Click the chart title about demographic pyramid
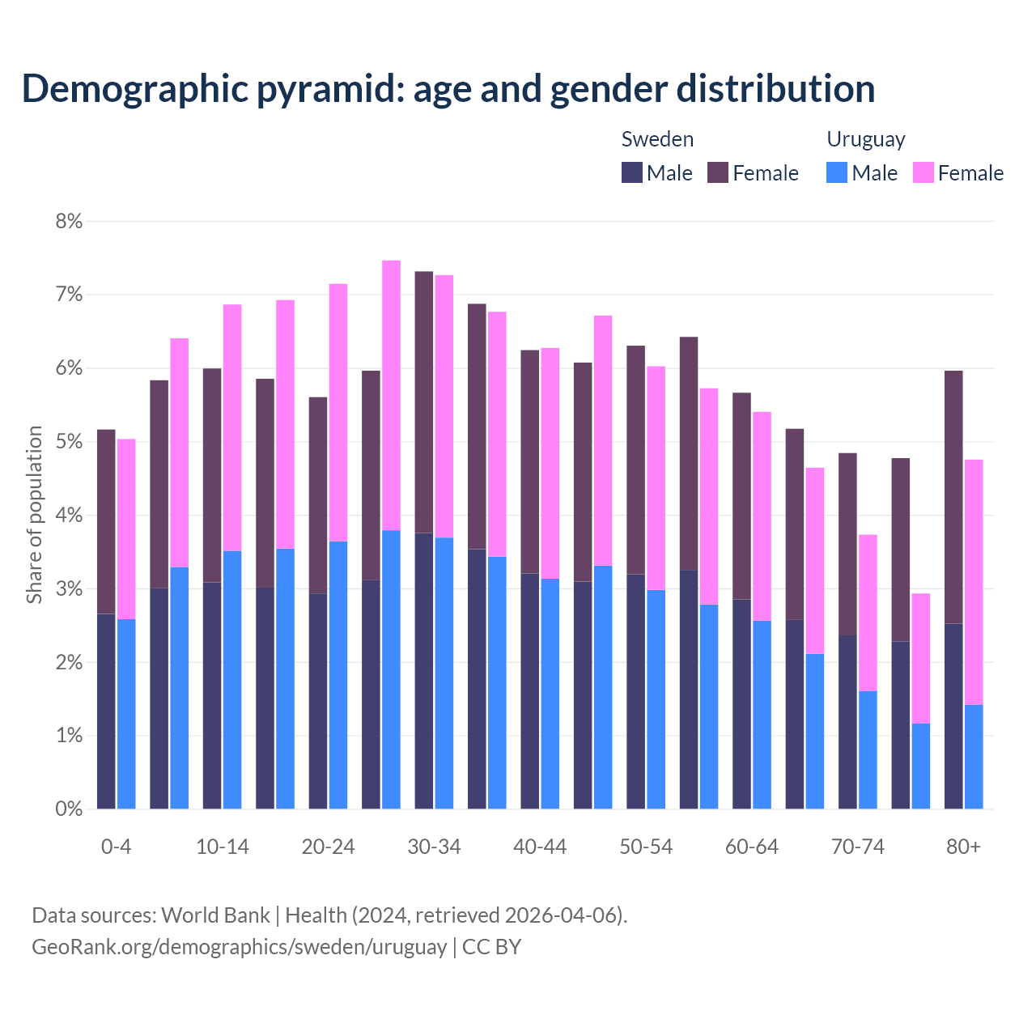[448, 89]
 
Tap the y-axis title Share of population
[34, 515]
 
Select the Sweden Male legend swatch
[632, 172]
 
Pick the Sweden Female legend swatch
[718, 172]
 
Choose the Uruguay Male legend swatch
[837, 172]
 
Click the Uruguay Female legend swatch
[923, 172]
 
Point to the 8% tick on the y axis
[69, 221]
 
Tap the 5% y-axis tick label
[69, 442]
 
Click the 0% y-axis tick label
[69, 809]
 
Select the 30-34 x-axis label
[434, 847]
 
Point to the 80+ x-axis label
[963, 847]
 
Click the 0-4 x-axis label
[116, 847]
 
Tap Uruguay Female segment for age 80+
[974, 582]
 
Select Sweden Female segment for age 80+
[953, 497]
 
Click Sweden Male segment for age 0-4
[106, 711]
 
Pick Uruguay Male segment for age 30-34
[444, 673]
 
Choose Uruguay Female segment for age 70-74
[868, 613]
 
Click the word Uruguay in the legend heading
[865, 139]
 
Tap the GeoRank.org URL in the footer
[239, 946]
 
